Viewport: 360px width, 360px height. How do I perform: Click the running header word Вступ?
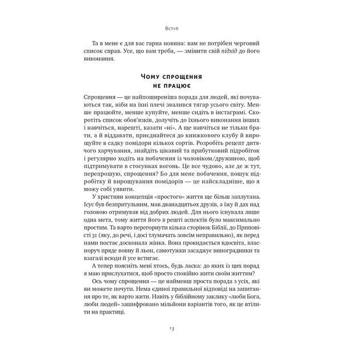180,27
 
